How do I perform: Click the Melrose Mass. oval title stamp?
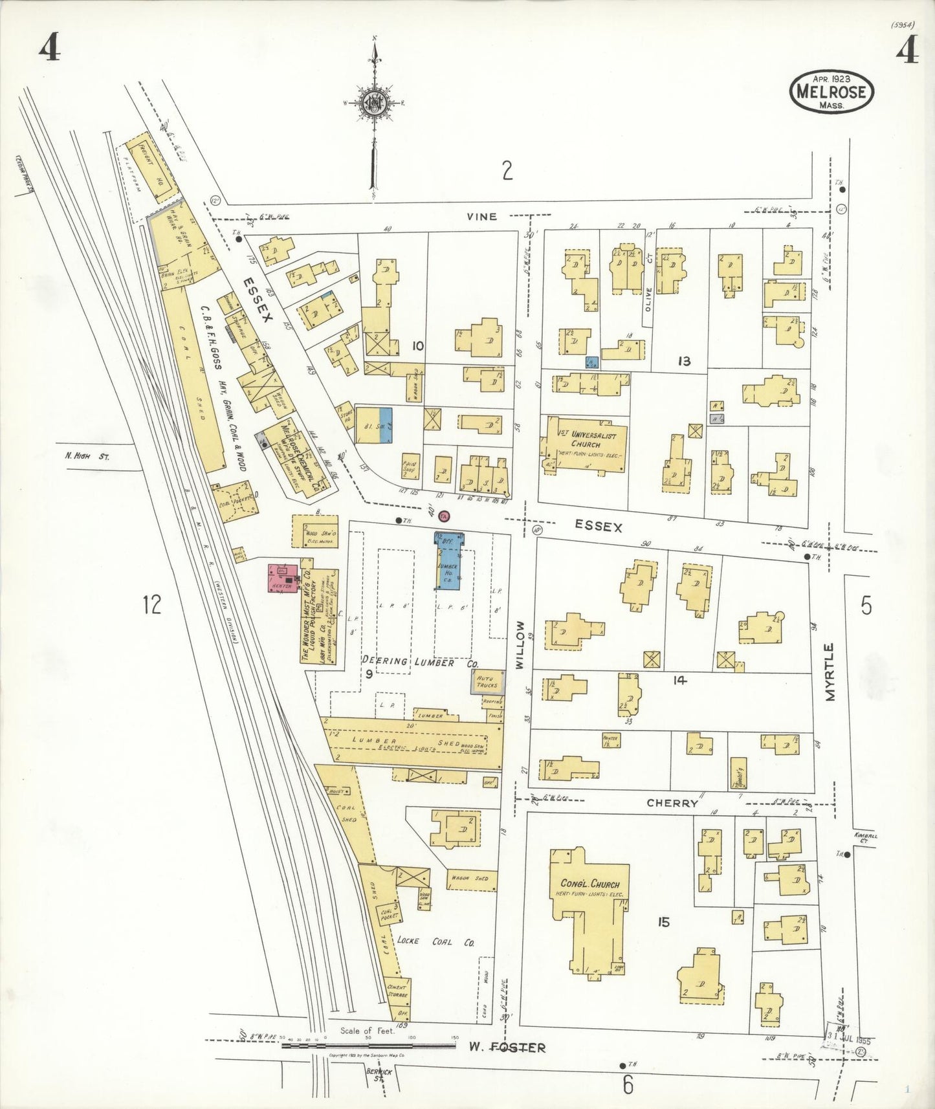[x=831, y=91]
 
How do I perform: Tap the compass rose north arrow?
[x=374, y=104]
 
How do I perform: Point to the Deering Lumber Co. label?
[x=420, y=662]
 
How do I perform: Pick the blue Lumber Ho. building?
[x=448, y=561]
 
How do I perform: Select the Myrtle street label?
[x=830, y=672]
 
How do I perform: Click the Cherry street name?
[x=672, y=803]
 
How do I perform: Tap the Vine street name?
[x=482, y=217]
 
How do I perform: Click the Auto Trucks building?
[x=487, y=682]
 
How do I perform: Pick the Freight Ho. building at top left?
[x=150, y=165]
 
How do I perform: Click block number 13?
[x=684, y=361]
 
